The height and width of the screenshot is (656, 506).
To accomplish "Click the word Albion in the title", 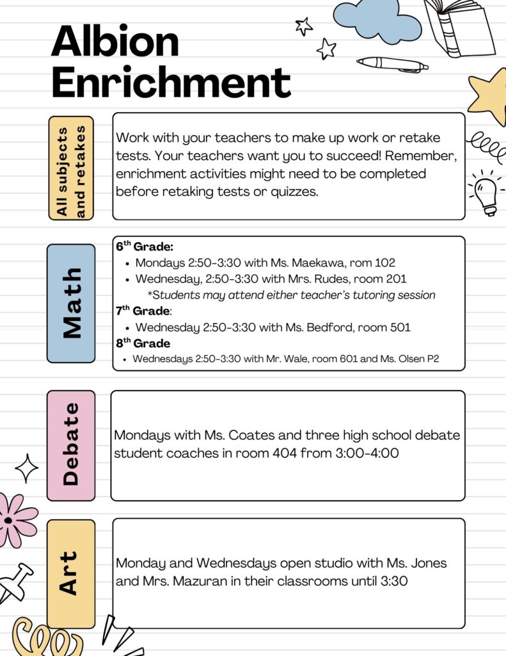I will pyautogui.click(x=115, y=42).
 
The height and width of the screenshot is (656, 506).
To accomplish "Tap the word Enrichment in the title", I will pyautogui.click(x=171, y=83).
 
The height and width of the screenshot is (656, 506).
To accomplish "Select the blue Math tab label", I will pyautogui.click(x=71, y=303).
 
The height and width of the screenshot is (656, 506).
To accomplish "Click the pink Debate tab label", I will pyautogui.click(x=71, y=445).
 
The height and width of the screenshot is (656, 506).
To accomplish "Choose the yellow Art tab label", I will pyautogui.click(x=71, y=573).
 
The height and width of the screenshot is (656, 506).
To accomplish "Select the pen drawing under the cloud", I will pyautogui.click(x=392, y=64).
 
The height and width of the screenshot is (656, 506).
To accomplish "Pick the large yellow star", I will pyautogui.click(x=489, y=96).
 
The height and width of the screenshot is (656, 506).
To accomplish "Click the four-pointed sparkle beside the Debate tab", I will pyautogui.click(x=27, y=468).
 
